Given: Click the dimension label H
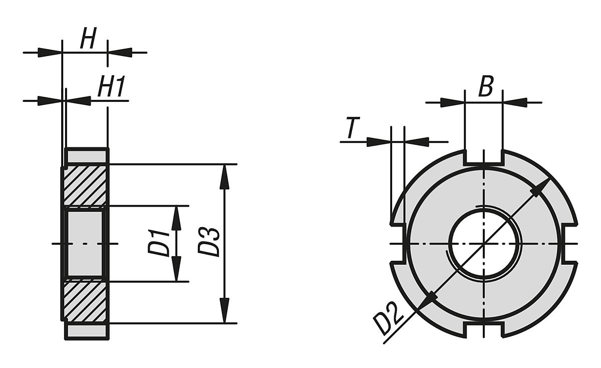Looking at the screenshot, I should click(x=88, y=40).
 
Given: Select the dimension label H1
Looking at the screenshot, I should click(x=111, y=88).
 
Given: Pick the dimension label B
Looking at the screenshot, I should click(x=485, y=87).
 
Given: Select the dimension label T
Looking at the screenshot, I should click(x=353, y=129).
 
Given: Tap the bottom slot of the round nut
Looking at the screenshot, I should click(x=483, y=330).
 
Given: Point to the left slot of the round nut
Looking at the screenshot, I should click(x=397, y=244).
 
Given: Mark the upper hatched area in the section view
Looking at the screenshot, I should click(x=85, y=186).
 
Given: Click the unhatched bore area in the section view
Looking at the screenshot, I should click(x=85, y=244).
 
